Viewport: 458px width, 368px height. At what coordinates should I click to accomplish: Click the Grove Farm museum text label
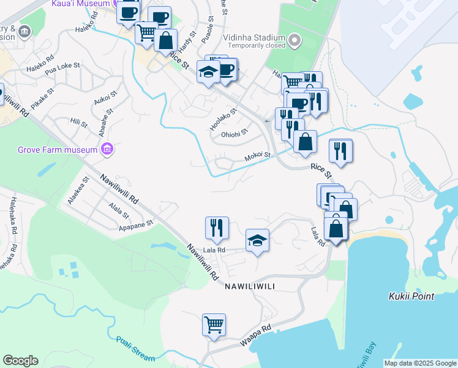[x=58, y=150]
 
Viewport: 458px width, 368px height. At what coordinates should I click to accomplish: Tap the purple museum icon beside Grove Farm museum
[x=108, y=149]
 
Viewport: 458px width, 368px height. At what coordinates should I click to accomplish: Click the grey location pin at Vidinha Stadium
[x=295, y=41]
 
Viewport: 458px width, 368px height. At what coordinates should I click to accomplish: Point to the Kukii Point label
[x=411, y=296]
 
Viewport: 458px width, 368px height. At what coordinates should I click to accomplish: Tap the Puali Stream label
[x=135, y=349]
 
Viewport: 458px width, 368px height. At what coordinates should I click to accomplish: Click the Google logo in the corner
[x=20, y=361]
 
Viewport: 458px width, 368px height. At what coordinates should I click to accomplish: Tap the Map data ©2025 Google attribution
[x=419, y=363]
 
